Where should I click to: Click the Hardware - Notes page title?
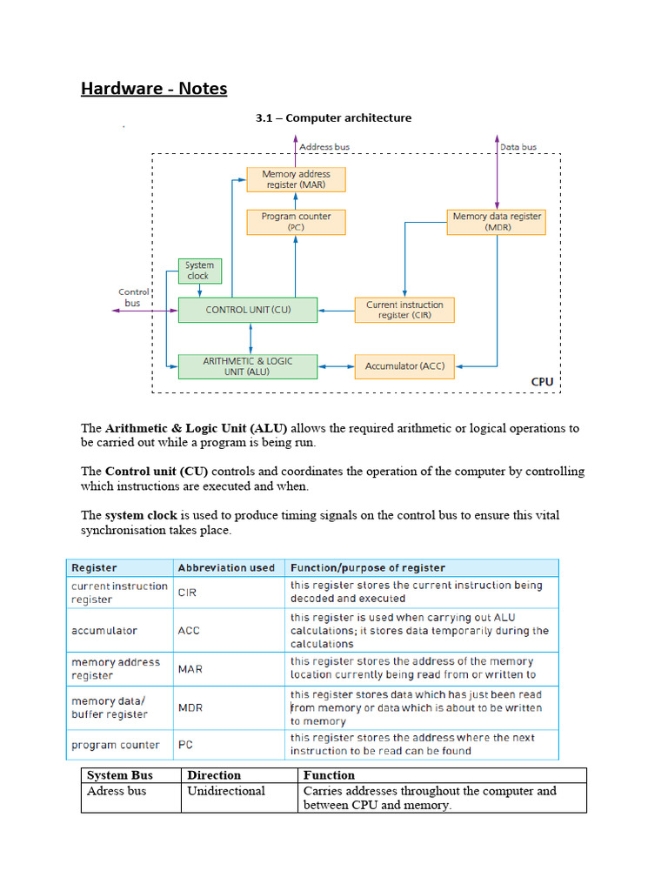pyautogui.click(x=154, y=89)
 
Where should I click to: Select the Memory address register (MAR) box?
pyautogui.click(x=296, y=180)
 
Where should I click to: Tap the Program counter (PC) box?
pyautogui.click(x=296, y=222)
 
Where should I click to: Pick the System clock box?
pyautogui.click(x=199, y=271)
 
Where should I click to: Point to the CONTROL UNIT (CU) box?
pyautogui.click(x=248, y=310)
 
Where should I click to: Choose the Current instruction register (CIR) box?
pyautogui.click(x=404, y=310)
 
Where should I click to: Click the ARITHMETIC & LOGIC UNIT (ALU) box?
pyautogui.click(x=248, y=366)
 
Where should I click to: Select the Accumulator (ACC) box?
pyautogui.click(x=404, y=366)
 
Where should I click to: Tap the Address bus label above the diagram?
pyautogui.click(x=324, y=147)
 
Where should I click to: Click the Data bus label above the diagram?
pyautogui.click(x=518, y=147)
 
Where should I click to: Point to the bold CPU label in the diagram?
pyautogui.click(x=542, y=381)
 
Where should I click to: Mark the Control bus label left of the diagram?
pyautogui.click(x=133, y=298)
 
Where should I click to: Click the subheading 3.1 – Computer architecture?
pyautogui.click(x=333, y=117)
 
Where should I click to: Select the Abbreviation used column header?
pyautogui.click(x=226, y=567)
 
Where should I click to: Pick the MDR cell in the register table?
pyautogui.click(x=190, y=707)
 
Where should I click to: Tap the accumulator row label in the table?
pyautogui.click(x=104, y=631)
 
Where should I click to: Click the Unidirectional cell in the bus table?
pyautogui.click(x=226, y=791)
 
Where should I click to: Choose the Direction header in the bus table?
pyautogui.click(x=214, y=775)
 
